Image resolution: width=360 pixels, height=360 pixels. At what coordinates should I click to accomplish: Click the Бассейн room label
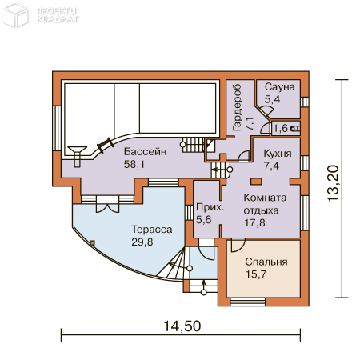[x=146, y=151]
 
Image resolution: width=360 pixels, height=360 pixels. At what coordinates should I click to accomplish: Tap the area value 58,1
[x=134, y=164]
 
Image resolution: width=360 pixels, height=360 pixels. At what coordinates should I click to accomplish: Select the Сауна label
[x=280, y=87]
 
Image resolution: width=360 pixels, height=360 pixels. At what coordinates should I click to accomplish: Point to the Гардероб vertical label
[x=237, y=107]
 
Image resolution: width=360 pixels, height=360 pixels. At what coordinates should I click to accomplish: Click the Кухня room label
[x=278, y=154]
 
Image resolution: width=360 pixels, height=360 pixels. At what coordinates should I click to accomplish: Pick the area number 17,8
[x=254, y=222]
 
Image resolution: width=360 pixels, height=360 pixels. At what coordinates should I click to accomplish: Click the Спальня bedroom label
[x=266, y=262]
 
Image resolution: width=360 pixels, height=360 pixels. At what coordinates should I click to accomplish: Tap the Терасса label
[x=152, y=230]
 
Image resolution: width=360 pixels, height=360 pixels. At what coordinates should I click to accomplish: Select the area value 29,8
[x=142, y=242]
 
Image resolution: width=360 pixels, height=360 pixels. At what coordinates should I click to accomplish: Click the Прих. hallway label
[x=210, y=207]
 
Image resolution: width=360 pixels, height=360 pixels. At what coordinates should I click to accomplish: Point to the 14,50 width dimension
[x=182, y=326]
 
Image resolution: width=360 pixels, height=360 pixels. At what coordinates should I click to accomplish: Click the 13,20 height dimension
[x=334, y=183]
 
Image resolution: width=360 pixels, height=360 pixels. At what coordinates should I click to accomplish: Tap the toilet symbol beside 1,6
[x=295, y=129]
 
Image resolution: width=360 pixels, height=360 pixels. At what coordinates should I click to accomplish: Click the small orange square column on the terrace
[x=92, y=243]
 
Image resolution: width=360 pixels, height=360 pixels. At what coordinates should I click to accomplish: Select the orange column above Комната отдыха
[x=256, y=182]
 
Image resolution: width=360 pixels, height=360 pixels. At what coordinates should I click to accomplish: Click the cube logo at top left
[x=15, y=14]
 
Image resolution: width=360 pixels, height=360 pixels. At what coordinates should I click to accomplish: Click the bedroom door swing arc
[x=238, y=246]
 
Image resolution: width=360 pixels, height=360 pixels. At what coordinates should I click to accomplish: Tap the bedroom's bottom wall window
[x=248, y=302]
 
